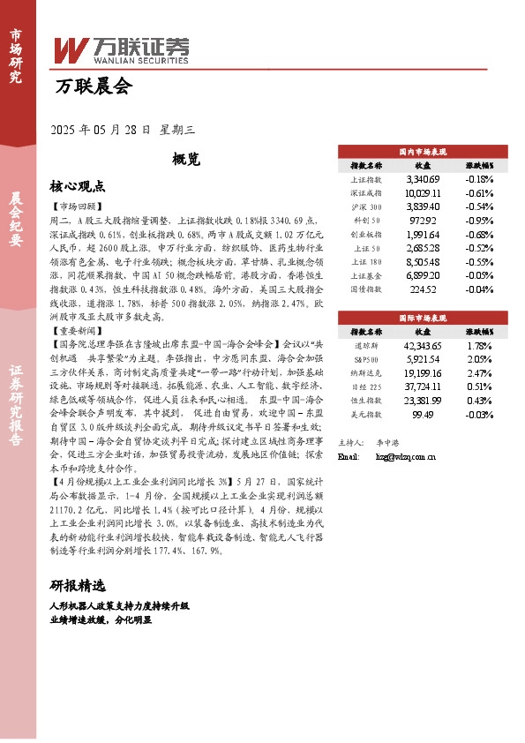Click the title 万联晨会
[x=92, y=86]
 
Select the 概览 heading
[x=186, y=159]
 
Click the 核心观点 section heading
[x=78, y=186]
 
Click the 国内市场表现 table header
[x=423, y=151]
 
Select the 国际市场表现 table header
[x=423, y=314]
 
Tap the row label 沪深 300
[x=365, y=206]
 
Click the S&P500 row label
[x=365, y=359]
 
